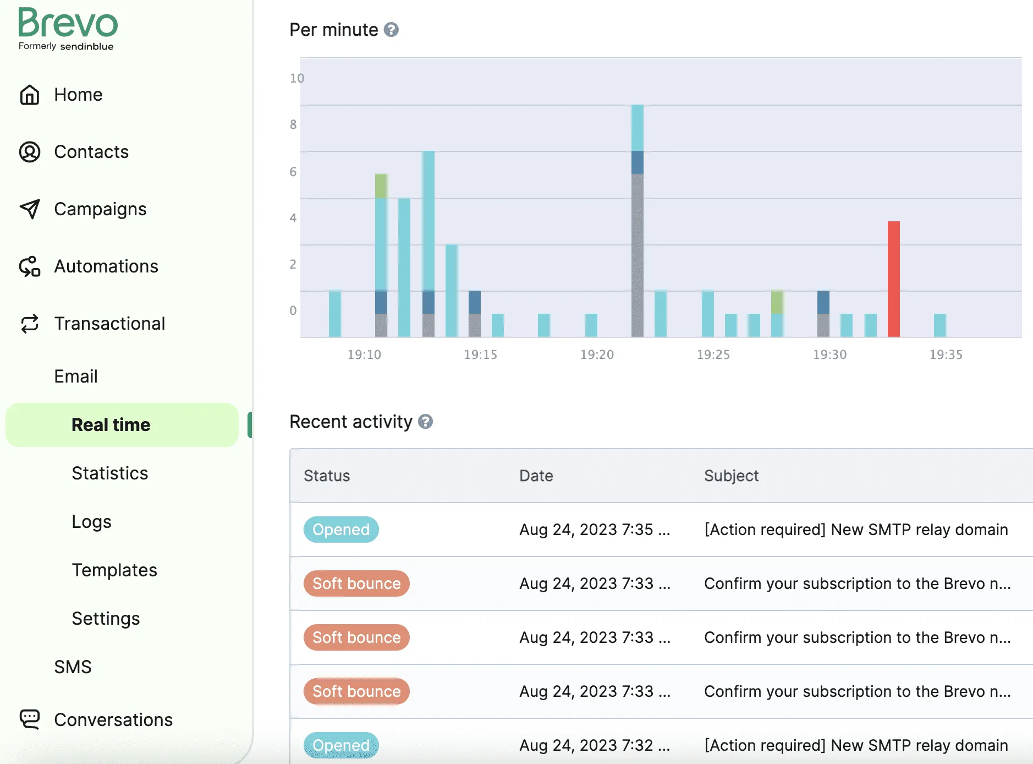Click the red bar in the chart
tap(893, 279)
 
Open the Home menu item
tap(78, 95)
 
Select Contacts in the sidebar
tap(91, 152)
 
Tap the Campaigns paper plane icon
tap(30, 209)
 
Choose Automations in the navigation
tap(106, 266)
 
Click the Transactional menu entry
tap(109, 324)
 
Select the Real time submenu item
tap(111, 425)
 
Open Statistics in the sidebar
tap(109, 473)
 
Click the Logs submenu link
tap(91, 522)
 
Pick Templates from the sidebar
tap(114, 570)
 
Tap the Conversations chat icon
tap(30, 719)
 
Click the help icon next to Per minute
tap(391, 30)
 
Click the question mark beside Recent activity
tap(425, 422)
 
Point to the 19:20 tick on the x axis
tap(597, 354)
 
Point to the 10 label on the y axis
tap(296, 78)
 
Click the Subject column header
tap(731, 476)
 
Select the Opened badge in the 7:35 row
tap(341, 530)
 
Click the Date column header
tap(536, 476)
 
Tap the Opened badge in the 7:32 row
tap(341, 745)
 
